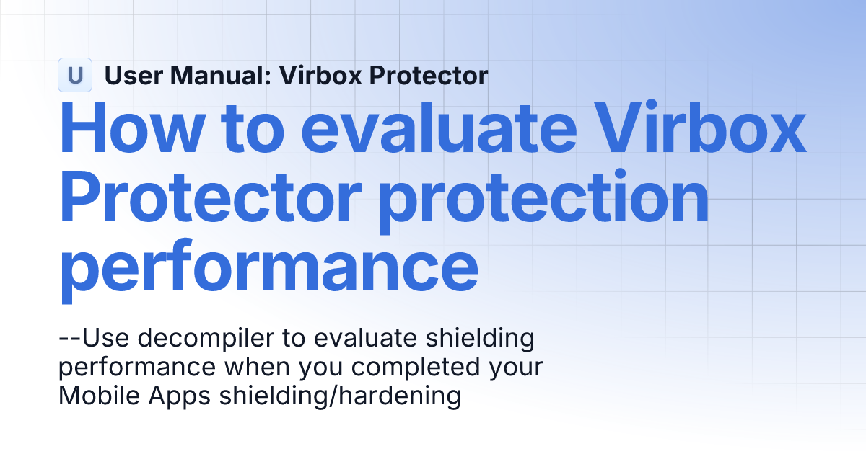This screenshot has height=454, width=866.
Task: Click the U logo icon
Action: pos(74,75)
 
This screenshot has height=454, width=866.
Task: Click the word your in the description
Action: pos(517,367)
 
